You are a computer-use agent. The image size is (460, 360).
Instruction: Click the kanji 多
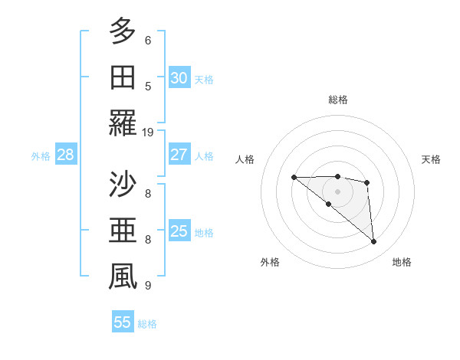[x=122, y=32]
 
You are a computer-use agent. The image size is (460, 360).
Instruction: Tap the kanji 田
[x=122, y=78]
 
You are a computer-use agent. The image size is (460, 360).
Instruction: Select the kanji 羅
[x=122, y=124]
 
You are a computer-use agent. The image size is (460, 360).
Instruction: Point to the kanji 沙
[x=122, y=185]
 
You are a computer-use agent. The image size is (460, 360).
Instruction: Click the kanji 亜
[x=122, y=231]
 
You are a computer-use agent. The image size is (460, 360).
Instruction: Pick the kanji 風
[x=122, y=277]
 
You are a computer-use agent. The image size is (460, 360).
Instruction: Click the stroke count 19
[x=148, y=132]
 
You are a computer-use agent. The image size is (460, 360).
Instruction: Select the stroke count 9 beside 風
[x=148, y=285]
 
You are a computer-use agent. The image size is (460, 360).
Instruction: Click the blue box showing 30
[x=179, y=77]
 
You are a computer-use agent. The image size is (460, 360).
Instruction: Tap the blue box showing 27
[x=179, y=154]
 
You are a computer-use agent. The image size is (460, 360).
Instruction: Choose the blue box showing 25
[x=179, y=231]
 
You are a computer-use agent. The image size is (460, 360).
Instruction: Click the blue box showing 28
[x=65, y=155]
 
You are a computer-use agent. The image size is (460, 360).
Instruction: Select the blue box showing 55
[x=123, y=322]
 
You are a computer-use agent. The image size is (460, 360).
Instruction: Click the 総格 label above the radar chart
[x=337, y=100]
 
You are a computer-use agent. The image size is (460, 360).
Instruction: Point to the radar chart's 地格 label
[x=402, y=262]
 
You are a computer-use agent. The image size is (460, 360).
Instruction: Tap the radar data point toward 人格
[x=294, y=178]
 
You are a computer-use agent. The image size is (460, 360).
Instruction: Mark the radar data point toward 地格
[x=374, y=242]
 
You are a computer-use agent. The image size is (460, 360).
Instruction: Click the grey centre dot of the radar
[x=337, y=191]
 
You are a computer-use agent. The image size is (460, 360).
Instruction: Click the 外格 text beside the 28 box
[x=41, y=156]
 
